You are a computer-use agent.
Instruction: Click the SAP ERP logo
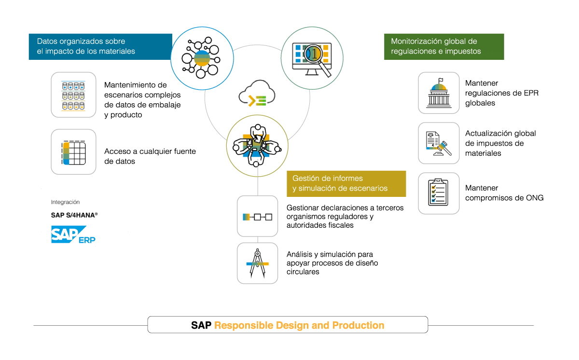(73, 235)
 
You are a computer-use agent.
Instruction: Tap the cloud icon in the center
(257, 94)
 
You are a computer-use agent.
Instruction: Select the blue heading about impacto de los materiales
(100, 46)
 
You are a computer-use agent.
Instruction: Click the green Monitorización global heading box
(444, 46)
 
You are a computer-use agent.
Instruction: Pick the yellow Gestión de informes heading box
(346, 183)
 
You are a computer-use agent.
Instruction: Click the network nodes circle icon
(202, 58)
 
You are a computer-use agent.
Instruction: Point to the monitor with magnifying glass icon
(312, 58)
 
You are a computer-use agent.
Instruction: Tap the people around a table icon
(257, 146)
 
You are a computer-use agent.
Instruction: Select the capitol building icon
(439, 93)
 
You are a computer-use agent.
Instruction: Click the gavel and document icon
(439, 143)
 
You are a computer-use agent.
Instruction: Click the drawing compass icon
(258, 263)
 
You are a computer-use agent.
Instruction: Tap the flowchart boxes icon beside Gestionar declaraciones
(258, 216)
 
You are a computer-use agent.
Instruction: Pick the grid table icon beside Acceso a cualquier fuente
(73, 152)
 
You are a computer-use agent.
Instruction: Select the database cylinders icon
(73, 95)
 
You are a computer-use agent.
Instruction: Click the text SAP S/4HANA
(74, 215)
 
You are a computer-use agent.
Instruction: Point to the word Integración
(65, 202)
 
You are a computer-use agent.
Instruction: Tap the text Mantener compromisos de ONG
(504, 193)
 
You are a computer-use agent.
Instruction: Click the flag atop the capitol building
(441, 81)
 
